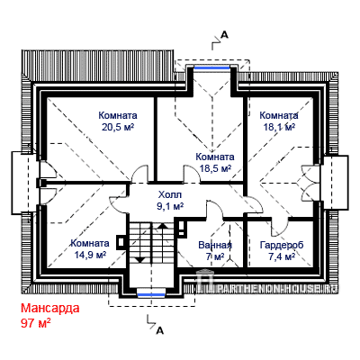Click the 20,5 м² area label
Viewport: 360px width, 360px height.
click(x=118, y=128)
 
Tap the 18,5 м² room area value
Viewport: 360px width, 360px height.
click(x=215, y=169)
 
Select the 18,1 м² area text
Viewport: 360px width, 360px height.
click(x=279, y=127)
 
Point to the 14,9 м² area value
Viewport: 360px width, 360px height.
click(x=90, y=255)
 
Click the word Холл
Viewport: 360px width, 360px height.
click(x=170, y=195)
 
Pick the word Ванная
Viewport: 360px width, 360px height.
click(x=215, y=245)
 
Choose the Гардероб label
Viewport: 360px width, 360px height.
click(x=282, y=245)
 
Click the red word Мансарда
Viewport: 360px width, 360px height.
click(x=50, y=308)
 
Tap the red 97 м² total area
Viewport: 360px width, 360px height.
click(x=35, y=323)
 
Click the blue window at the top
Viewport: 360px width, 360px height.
click(x=211, y=68)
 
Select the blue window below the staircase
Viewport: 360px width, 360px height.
click(x=151, y=295)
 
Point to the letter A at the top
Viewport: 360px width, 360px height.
click(x=224, y=35)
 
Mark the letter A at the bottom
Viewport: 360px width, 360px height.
click(x=160, y=330)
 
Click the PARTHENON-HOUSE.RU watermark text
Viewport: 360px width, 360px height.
click(x=276, y=289)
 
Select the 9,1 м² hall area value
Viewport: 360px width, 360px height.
click(x=171, y=206)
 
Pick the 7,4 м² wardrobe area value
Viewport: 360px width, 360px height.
click(x=282, y=256)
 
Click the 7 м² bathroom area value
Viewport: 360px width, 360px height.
click(x=215, y=256)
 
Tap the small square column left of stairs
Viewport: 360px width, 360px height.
click(x=121, y=242)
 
